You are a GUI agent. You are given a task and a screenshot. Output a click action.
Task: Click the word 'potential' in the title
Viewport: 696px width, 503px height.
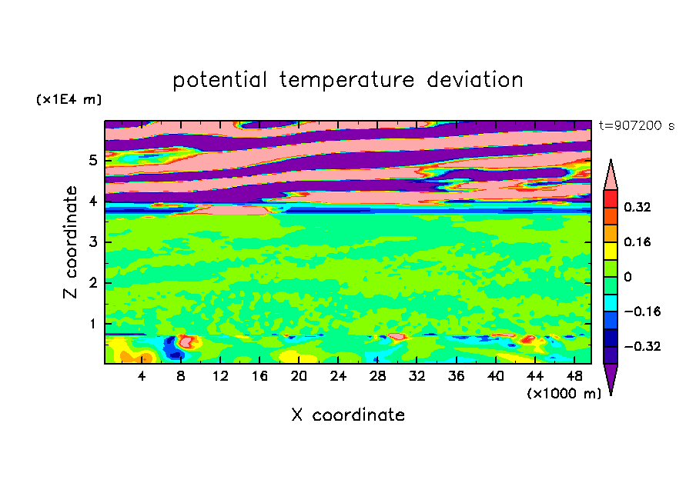click(219, 80)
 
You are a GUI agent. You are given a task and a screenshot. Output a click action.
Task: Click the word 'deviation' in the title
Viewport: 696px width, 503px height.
click(475, 80)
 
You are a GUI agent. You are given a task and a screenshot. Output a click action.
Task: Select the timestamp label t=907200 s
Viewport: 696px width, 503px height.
click(637, 125)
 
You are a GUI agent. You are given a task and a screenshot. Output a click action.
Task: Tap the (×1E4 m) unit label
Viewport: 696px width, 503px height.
click(69, 99)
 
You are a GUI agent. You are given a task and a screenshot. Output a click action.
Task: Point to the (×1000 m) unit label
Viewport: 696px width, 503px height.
click(564, 394)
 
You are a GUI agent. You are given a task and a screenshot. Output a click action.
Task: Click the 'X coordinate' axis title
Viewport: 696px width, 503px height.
click(348, 415)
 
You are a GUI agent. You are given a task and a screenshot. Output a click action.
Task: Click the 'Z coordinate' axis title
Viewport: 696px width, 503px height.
click(70, 242)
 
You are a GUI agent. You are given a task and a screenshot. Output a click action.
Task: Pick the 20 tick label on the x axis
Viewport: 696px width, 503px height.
click(299, 377)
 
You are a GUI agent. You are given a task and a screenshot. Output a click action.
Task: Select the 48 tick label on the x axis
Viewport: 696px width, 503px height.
click(574, 377)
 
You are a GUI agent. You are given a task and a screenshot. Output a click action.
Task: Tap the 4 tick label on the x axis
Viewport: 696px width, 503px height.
click(142, 377)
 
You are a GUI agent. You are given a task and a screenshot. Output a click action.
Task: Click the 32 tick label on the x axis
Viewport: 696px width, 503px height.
click(417, 377)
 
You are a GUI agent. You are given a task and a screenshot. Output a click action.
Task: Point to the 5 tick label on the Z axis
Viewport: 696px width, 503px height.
click(92, 160)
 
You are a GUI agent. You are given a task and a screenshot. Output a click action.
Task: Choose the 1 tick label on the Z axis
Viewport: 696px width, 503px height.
click(92, 324)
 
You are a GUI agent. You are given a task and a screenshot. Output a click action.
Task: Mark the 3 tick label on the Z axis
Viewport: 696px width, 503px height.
click(92, 242)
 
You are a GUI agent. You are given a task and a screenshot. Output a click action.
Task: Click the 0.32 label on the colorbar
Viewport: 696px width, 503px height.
click(637, 207)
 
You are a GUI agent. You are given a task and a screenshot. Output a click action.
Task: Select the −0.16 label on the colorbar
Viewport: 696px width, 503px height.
click(642, 311)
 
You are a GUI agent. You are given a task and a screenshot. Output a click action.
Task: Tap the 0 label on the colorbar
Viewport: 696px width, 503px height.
click(627, 277)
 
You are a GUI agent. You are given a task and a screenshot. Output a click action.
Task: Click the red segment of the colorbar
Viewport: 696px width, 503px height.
click(611, 198)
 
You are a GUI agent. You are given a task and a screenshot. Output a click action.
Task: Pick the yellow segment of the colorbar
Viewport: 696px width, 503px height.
click(611, 251)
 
